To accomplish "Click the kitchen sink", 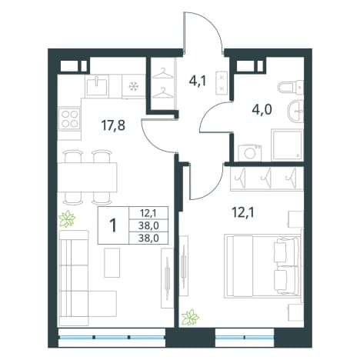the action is click(x=96, y=86).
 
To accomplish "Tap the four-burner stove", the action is click(x=69, y=119).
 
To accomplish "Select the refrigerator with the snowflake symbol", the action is click(x=134, y=86).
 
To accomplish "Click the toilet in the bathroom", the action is click(x=290, y=86).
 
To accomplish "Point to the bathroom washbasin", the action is click(x=295, y=111).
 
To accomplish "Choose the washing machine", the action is click(x=250, y=152).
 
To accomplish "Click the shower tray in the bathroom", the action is click(x=287, y=145).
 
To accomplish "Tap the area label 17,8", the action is click(x=113, y=125).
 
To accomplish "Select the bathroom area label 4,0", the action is click(x=262, y=110).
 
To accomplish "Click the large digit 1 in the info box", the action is click(x=113, y=225).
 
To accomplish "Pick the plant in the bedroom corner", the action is click(x=190, y=318).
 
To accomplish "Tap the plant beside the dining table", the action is click(x=67, y=218).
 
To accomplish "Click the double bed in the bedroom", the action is click(x=262, y=265).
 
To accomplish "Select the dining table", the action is click(x=87, y=177).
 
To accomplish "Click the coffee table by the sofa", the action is click(x=112, y=262).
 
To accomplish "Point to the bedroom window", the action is click(x=245, y=337).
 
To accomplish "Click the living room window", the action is click(x=112, y=337).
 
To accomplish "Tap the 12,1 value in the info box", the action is click(x=148, y=212).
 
